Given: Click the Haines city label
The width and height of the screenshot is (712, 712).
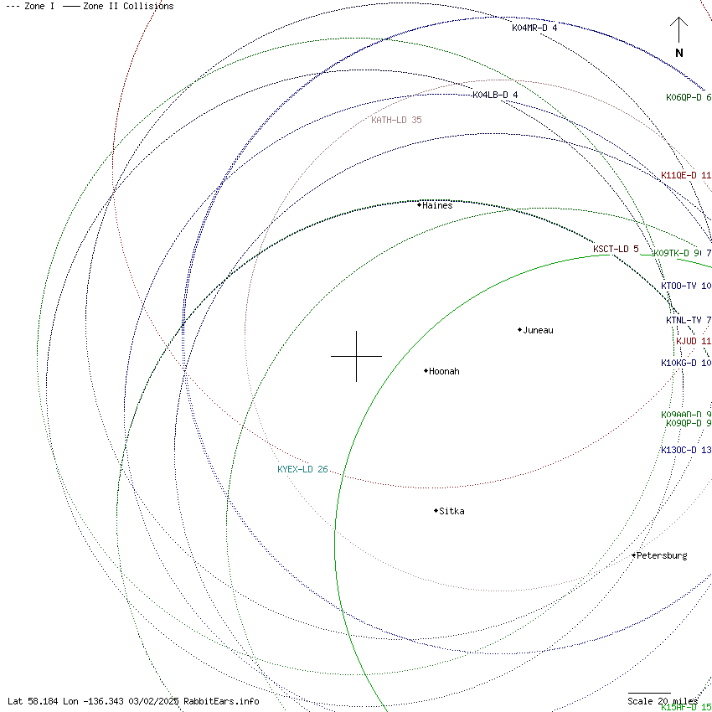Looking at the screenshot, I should tap(437, 205).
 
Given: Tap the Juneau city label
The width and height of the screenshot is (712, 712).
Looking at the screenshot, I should tap(538, 330).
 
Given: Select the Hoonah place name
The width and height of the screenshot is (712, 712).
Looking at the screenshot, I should tap(444, 371).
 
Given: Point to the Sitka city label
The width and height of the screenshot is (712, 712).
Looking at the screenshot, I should tap(451, 511).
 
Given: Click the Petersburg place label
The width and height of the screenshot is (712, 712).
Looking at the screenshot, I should tap(662, 555).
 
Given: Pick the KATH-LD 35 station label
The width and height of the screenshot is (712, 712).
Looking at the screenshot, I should tap(397, 120).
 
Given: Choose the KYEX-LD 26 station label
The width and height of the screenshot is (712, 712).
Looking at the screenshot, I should tap(302, 469).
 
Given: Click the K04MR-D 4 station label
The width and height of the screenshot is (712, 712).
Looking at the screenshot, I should tap(534, 28).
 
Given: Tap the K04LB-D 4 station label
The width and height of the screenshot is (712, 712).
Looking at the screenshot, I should tap(495, 95).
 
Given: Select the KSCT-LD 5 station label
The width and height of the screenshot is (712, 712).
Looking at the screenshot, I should tap(616, 249).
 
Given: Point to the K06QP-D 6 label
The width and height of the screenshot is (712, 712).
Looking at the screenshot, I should tap(689, 97).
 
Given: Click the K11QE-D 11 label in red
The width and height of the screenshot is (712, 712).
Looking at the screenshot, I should tap(686, 175).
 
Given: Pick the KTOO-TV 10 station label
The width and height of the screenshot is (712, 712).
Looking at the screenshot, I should tap(686, 286).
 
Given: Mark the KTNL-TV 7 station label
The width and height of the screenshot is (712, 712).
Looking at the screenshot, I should tap(689, 320).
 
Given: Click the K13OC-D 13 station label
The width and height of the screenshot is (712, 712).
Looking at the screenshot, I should tap(686, 450).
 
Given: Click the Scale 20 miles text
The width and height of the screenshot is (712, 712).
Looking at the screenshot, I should tap(663, 701).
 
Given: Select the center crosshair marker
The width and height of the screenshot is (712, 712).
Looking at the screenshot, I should tap(356, 356).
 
